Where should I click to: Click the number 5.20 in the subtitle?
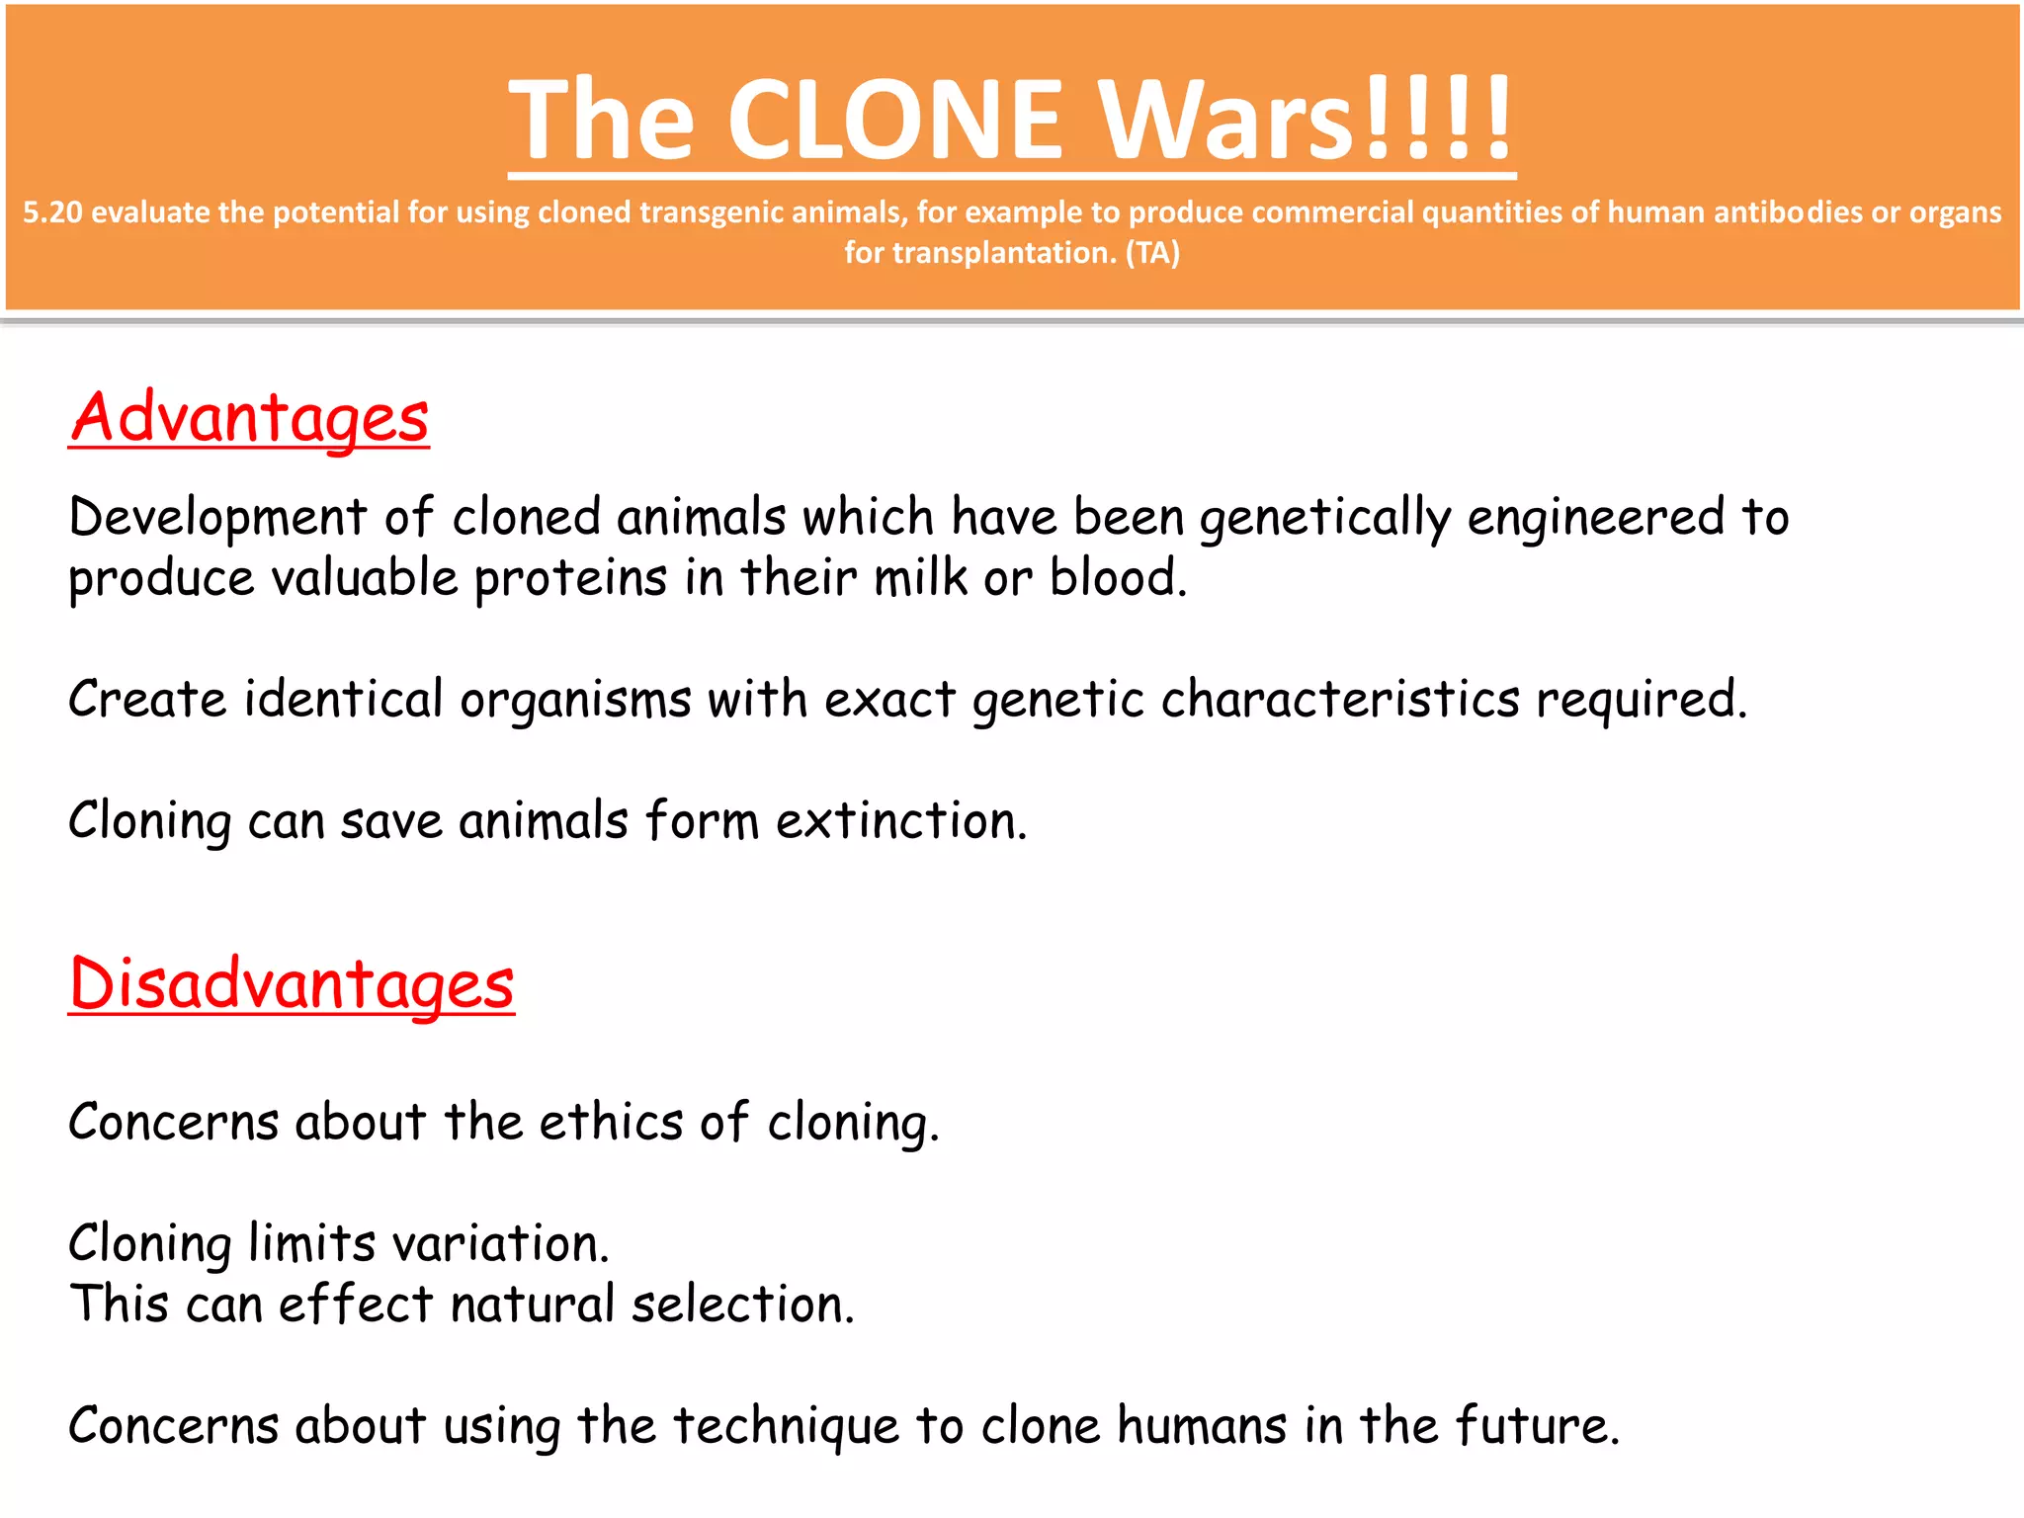[52, 212]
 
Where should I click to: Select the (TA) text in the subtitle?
[1152, 253]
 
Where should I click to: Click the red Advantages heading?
[249, 417]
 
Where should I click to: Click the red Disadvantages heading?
[292, 984]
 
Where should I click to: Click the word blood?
[1117, 578]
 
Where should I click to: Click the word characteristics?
[1339, 700]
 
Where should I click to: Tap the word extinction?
[900, 821]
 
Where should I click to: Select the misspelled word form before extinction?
[702, 821]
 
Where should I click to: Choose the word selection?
[742, 1305]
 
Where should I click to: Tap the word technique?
[786, 1426]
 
